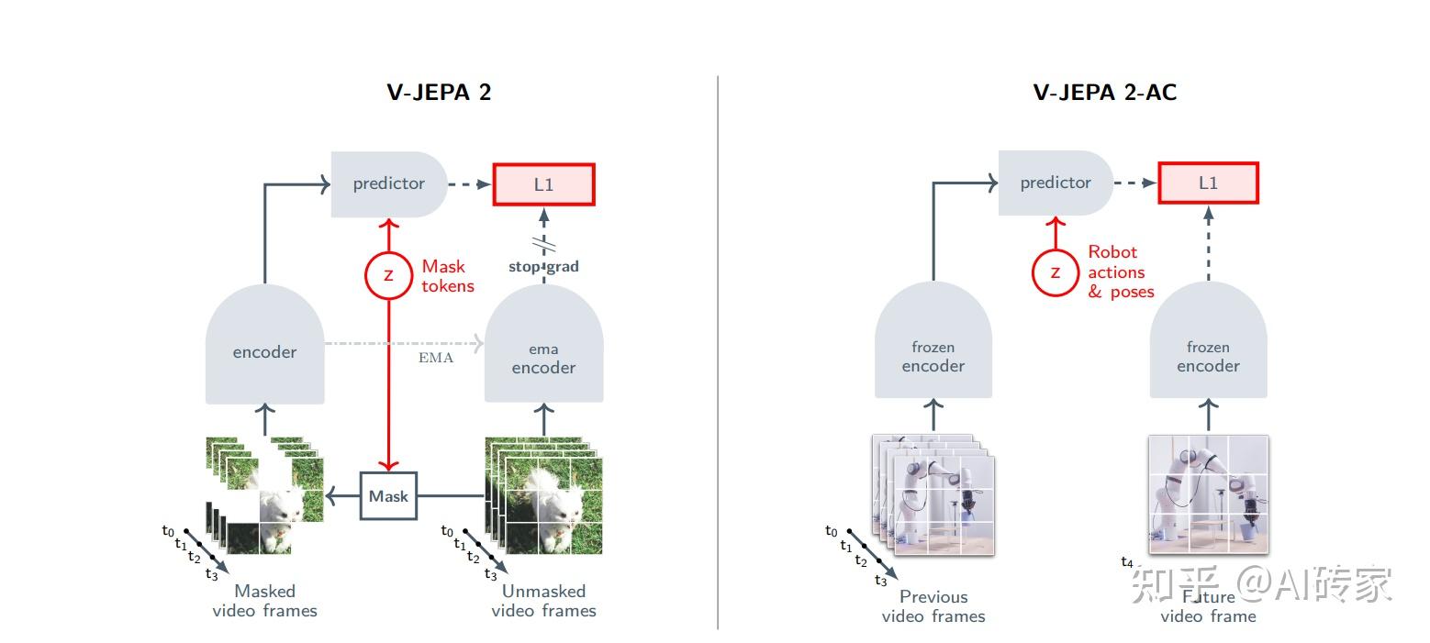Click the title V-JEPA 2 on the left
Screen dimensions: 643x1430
(x=438, y=93)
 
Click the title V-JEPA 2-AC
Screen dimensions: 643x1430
(x=1105, y=93)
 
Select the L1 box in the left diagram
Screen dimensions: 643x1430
(x=544, y=184)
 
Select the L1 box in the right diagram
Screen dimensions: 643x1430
(x=1208, y=183)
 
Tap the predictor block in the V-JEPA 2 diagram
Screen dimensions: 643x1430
(x=389, y=184)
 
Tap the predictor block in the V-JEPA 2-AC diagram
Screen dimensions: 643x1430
(x=1056, y=183)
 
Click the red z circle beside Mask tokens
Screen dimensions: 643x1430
(x=389, y=275)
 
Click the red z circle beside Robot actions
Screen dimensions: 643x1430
(x=1056, y=272)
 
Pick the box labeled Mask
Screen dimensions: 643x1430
(x=388, y=496)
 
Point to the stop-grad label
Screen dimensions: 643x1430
(x=543, y=267)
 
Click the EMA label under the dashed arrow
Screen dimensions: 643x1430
(x=436, y=358)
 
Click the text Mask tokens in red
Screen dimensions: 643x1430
(x=448, y=276)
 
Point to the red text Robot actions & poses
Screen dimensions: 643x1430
(x=1120, y=272)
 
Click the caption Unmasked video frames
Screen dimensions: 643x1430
(x=543, y=601)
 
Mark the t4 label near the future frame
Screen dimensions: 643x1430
(x=1127, y=562)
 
